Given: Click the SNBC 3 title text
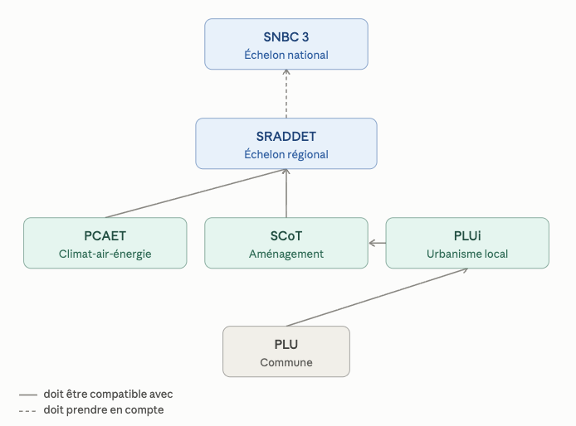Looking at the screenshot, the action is [286, 37].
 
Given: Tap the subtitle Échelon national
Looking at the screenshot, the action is [286, 55].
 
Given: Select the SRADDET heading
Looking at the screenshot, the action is [286, 137].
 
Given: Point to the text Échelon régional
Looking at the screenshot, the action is [286, 154].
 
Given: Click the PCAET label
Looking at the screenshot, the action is [105, 236].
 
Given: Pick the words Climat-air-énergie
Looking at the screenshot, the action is [105, 254].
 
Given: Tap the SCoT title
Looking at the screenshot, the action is [286, 236].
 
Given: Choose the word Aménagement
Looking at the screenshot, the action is [286, 254].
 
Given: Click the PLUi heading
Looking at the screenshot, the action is [467, 236].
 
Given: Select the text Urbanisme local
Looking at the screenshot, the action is [467, 254].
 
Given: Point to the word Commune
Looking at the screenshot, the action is [286, 362].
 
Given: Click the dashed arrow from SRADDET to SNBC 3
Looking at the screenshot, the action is [286, 94].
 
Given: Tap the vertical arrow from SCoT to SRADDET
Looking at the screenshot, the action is [286, 193].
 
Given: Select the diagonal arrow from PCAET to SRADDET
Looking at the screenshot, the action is [196, 193].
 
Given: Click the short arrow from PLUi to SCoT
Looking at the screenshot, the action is [378, 243].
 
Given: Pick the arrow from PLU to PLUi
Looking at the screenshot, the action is [377, 298].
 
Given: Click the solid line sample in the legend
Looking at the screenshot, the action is [28, 395].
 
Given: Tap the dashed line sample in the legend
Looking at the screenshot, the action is [28, 410].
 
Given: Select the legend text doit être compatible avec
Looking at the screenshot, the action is [108, 394].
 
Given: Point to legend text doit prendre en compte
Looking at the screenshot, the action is [104, 410].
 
